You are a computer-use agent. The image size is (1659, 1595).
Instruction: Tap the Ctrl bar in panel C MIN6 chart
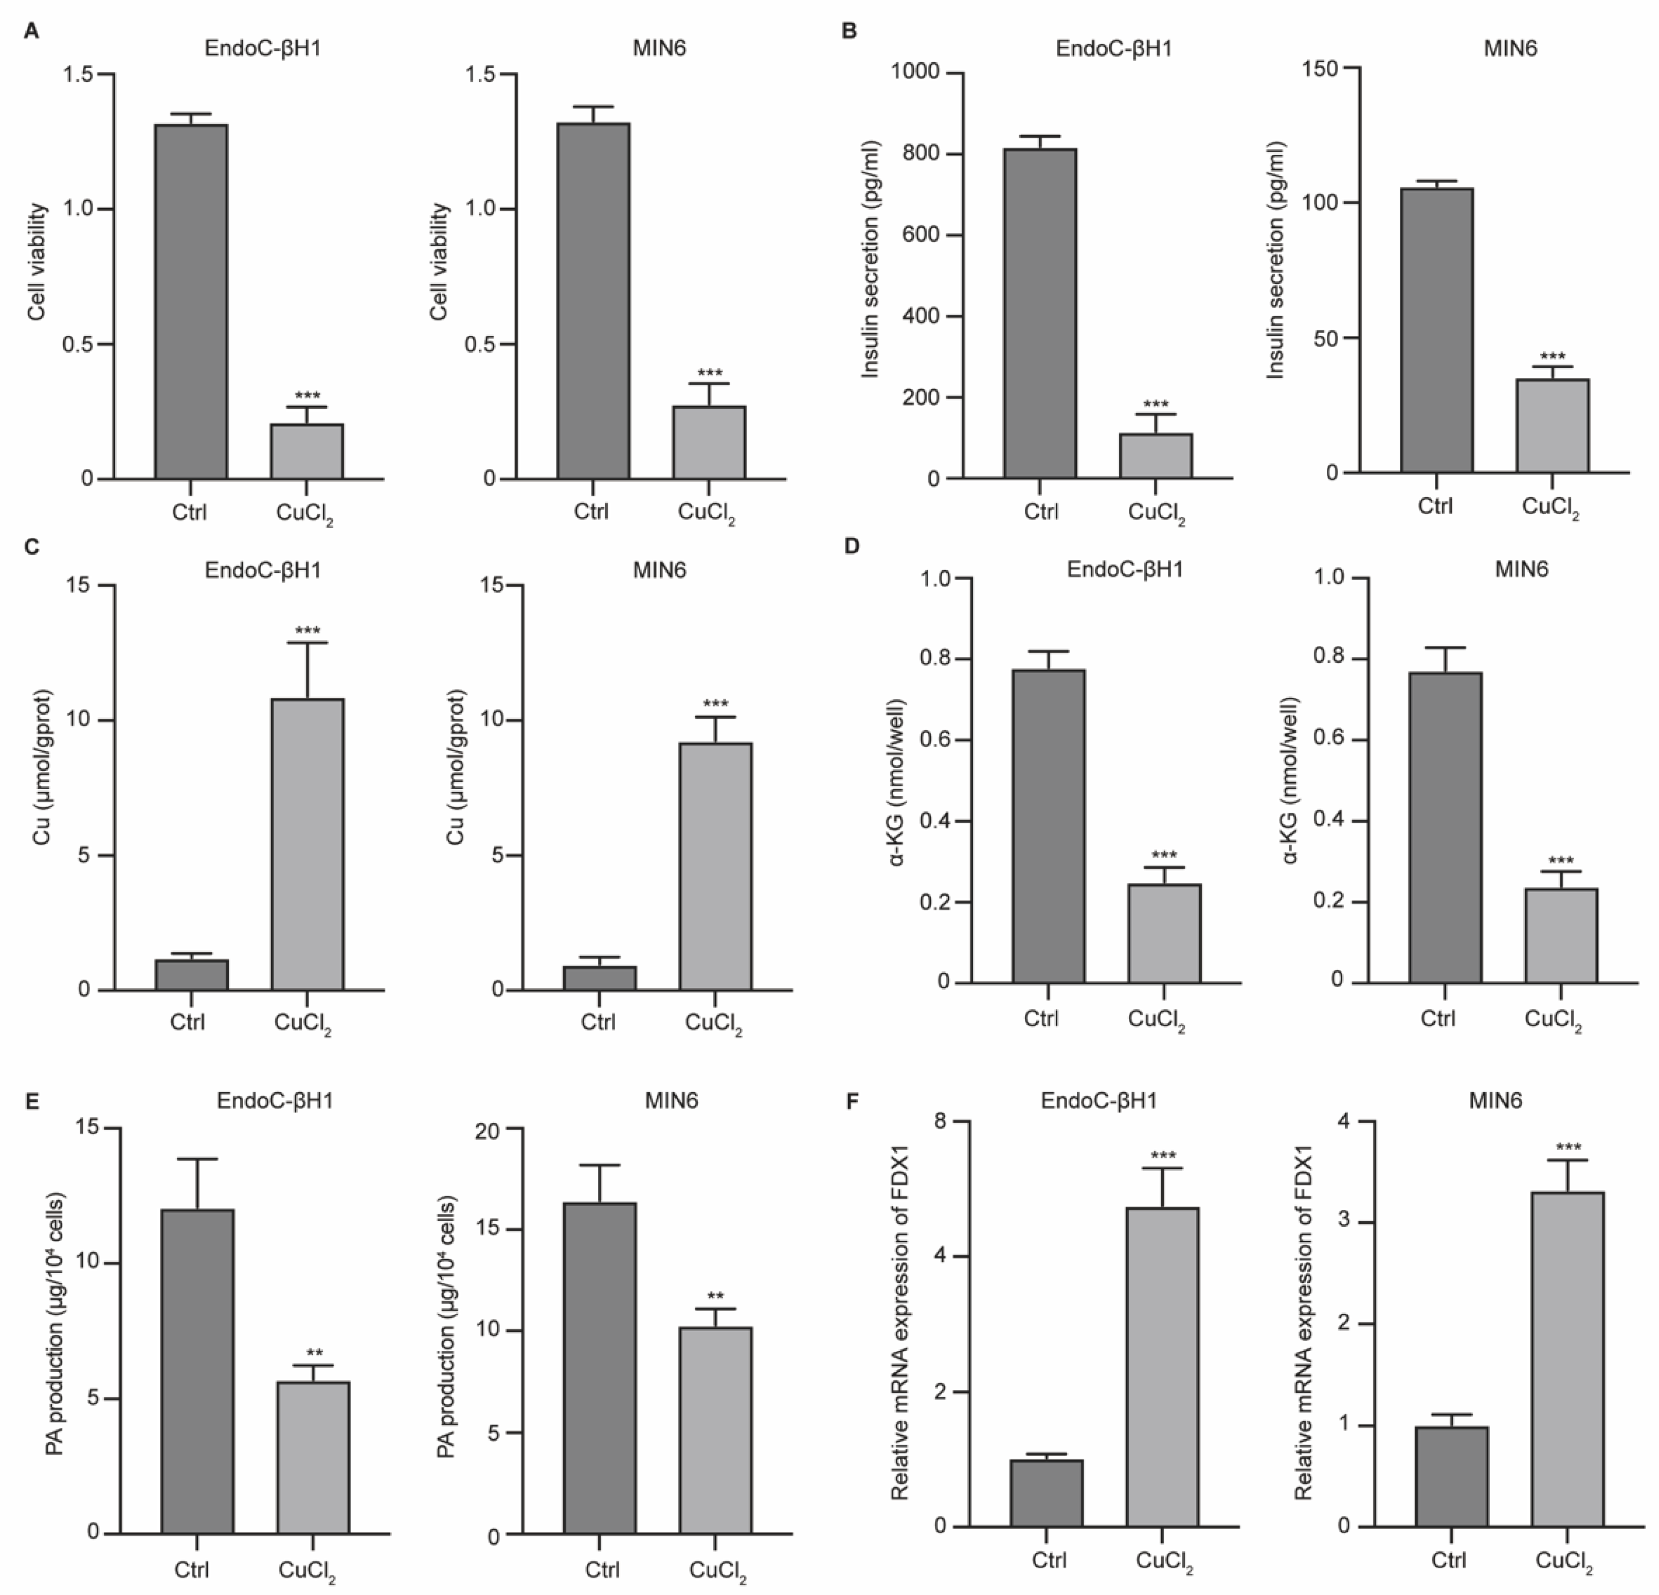(x=599, y=977)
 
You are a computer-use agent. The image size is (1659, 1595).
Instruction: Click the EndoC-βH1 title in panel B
(x=1114, y=48)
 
